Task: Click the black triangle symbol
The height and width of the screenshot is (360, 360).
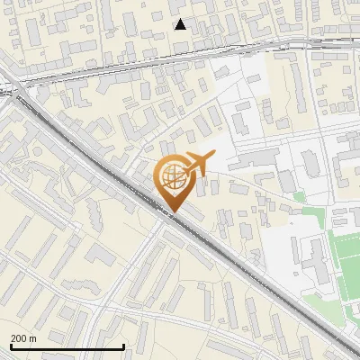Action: pos(181,24)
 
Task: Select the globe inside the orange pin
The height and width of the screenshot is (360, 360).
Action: pos(172,177)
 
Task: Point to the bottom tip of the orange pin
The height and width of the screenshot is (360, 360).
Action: pos(173,211)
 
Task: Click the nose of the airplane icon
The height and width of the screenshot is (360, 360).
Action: pos(213,157)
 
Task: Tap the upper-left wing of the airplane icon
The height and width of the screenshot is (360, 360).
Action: pos(192,156)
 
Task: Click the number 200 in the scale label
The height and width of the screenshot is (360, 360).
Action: pos(18,338)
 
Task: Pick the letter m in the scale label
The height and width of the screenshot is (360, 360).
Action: pos(31,338)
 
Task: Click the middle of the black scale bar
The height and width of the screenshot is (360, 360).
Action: pos(67,346)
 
